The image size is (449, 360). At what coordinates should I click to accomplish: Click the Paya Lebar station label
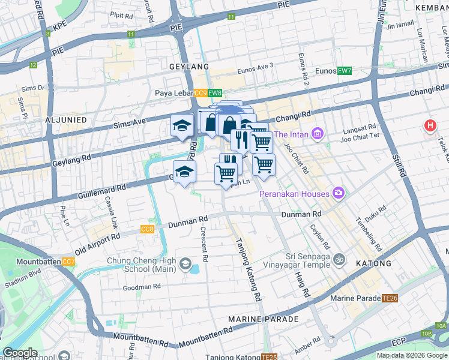pyautogui.click(x=173, y=93)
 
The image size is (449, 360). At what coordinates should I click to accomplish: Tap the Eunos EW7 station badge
pyautogui.click(x=344, y=71)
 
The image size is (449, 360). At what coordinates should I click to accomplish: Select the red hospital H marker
pyautogui.click(x=430, y=126)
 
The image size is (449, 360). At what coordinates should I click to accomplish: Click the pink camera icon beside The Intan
pyautogui.click(x=318, y=133)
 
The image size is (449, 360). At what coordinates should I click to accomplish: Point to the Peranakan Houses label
pyautogui.click(x=294, y=194)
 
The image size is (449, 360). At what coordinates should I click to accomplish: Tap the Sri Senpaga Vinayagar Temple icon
pyautogui.click(x=339, y=259)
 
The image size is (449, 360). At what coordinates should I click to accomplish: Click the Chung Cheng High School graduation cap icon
pyautogui.click(x=185, y=265)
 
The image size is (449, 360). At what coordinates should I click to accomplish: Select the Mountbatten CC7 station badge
pyautogui.click(x=68, y=262)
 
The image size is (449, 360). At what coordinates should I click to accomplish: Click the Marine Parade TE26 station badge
pyautogui.click(x=390, y=298)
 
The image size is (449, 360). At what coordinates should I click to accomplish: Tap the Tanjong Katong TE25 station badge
pyautogui.click(x=270, y=358)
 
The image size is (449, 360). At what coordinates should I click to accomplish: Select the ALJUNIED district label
pyautogui.click(x=66, y=120)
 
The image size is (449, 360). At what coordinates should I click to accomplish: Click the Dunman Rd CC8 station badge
pyautogui.click(x=147, y=229)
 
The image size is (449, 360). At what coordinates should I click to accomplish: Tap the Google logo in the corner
pyautogui.click(x=20, y=353)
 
